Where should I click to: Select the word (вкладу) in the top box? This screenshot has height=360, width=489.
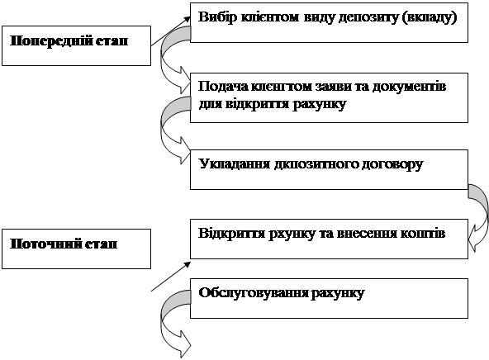tap(430, 17)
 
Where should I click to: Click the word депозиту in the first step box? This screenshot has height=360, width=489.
tap(368, 17)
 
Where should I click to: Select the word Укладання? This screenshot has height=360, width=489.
tap(235, 163)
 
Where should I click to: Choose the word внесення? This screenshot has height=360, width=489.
tap(365, 234)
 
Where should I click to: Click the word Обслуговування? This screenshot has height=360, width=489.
tap(254, 293)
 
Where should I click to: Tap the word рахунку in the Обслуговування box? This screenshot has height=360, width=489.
tap(338, 294)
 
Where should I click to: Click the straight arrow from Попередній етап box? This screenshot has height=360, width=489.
tap(171, 31)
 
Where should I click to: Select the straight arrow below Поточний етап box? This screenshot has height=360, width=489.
tap(171, 277)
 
